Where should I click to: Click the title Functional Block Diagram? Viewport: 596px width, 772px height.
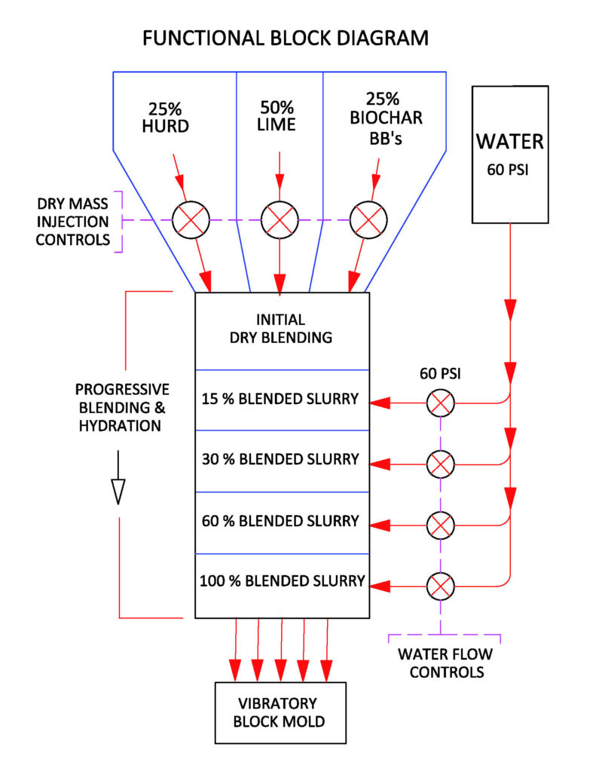(x=286, y=37)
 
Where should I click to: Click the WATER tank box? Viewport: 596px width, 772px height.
(x=510, y=154)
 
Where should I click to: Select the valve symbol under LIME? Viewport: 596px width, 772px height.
(x=280, y=220)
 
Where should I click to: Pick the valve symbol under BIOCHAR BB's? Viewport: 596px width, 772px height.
(x=368, y=220)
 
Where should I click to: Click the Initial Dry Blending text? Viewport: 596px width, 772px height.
(x=281, y=329)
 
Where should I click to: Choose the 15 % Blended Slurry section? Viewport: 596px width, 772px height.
(x=280, y=399)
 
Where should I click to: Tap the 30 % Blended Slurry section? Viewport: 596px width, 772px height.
(x=280, y=460)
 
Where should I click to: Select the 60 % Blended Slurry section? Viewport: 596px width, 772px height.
(x=280, y=521)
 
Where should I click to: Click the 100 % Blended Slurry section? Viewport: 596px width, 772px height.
(x=282, y=581)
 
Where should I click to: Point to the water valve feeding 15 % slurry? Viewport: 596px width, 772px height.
(x=440, y=403)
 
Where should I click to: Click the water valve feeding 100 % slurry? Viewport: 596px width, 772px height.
(x=440, y=584)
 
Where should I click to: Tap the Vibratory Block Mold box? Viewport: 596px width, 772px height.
(x=280, y=713)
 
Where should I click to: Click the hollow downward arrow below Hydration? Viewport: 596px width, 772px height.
(x=118, y=489)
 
